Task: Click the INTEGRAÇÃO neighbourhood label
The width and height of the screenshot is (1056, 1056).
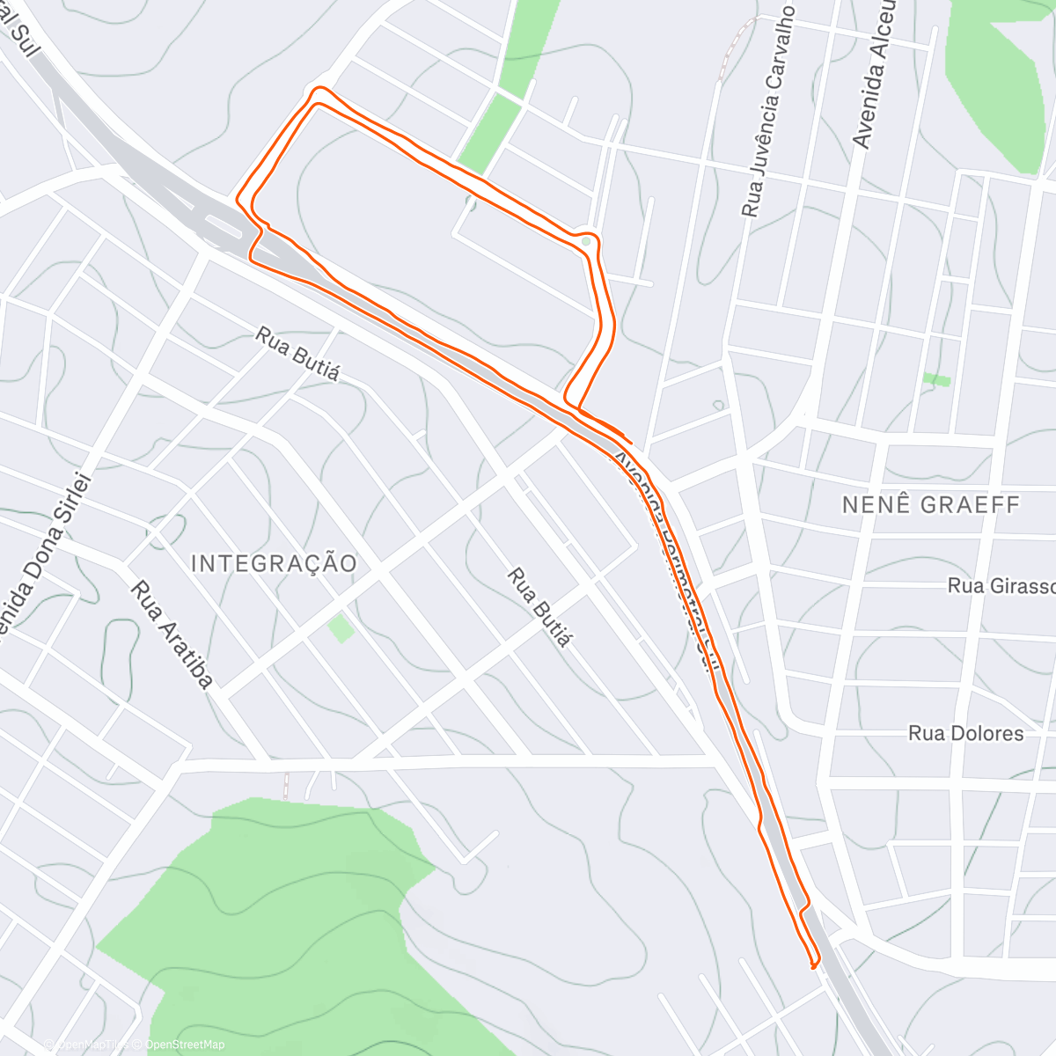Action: [274, 563]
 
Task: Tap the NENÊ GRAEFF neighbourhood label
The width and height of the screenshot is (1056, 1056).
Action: [931, 505]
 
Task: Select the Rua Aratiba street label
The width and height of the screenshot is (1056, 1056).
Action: [172, 634]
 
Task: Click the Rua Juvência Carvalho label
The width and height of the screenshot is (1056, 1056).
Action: [768, 112]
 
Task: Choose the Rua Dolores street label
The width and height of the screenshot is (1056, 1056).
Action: [965, 734]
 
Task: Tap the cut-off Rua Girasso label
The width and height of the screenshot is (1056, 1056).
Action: [1001, 586]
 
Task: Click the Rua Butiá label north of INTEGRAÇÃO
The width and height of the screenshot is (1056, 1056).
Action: [297, 353]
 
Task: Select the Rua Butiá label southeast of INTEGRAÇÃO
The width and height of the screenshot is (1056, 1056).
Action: [538, 607]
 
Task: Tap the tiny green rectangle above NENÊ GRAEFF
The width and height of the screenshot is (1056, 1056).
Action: [936, 379]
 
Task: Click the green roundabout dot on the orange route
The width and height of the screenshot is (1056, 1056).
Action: [586, 240]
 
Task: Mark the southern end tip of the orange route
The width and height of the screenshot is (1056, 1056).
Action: [812, 967]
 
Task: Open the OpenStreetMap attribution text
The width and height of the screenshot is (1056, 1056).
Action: [184, 1045]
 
